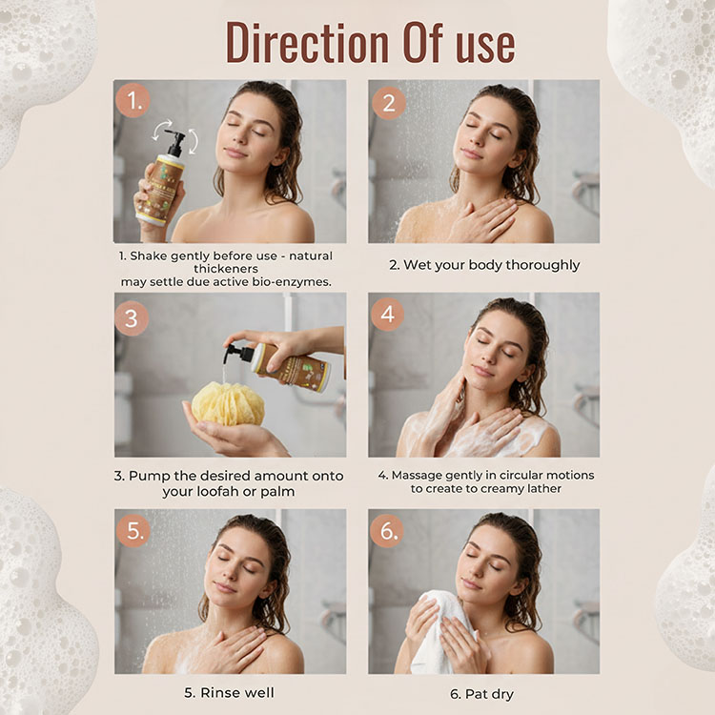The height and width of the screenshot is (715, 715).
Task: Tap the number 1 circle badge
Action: click(x=133, y=100)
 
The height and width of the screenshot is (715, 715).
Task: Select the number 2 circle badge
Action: click(x=389, y=103)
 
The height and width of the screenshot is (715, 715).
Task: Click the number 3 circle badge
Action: click(x=132, y=318)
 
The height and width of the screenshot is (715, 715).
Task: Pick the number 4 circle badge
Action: click(x=388, y=315)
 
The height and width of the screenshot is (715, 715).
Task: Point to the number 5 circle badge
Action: click(x=133, y=530)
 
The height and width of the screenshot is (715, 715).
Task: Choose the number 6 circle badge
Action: click(x=387, y=531)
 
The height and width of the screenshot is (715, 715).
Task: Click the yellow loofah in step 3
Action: click(x=228, y=403)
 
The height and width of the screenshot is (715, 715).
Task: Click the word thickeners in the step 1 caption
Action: click(x=226, y=269)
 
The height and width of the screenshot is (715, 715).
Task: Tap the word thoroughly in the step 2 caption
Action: click(x=542, y=265)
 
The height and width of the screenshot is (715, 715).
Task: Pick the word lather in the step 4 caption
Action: click(x=544, y=488)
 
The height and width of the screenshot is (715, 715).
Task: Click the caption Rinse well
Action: click(x=230, y=693)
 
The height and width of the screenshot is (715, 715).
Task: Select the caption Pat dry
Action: click(x=482, y=694)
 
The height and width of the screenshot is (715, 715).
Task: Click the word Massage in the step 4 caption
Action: click(x=417, y=475)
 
